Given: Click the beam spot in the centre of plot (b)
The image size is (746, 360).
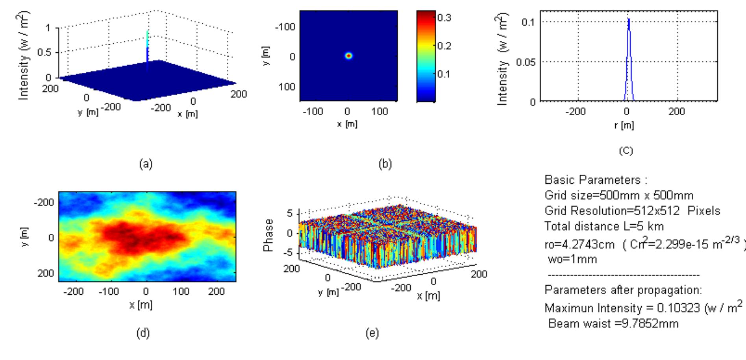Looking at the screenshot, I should pyautogui.click(x=348, y=56).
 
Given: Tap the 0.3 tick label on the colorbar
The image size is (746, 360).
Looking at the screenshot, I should pyautogui.click(x=444, y=18).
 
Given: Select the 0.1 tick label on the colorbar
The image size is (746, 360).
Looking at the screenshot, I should pyautogui.click(x=444, y=74).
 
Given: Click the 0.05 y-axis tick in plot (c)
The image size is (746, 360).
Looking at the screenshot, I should pyautogui.click(x=526, y=62).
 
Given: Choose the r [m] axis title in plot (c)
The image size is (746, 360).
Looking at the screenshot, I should pyautogui.click(x=624, y=125).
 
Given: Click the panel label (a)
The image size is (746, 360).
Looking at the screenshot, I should pyautogui.click(x=146, y=164).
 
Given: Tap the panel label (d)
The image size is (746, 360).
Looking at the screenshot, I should pyautogui.click(x=143, y=333).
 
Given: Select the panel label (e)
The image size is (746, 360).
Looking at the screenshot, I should pyautogui.click(x=372, y=333).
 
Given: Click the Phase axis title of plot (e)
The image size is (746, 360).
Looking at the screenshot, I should pyautogui.click(x=268, y=235).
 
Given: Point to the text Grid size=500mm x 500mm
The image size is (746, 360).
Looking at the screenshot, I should pyautogui.click(x=619, y=195).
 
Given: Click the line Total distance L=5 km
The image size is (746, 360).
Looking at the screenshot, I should pyautogui.click(x=604, y=226).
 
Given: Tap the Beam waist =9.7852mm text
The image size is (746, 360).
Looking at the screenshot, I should pyautogui.click(x=613, y=323).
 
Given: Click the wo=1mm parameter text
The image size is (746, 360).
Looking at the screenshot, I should pyautogui.click(x=572, y=259).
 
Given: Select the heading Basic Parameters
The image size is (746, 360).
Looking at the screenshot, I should pyautogui.click(x=596, y=180).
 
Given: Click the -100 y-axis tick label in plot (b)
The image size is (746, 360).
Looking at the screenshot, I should pyautogui.click(x=285, y=27).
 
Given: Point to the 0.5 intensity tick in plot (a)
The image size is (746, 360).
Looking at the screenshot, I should pyautogui.click(x=44, y=52).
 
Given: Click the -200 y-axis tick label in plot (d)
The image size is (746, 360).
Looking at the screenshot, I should pyautogui.click(x=44, y=202).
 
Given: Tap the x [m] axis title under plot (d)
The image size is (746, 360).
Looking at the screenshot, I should pyautogui.click(x=141, y=305).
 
